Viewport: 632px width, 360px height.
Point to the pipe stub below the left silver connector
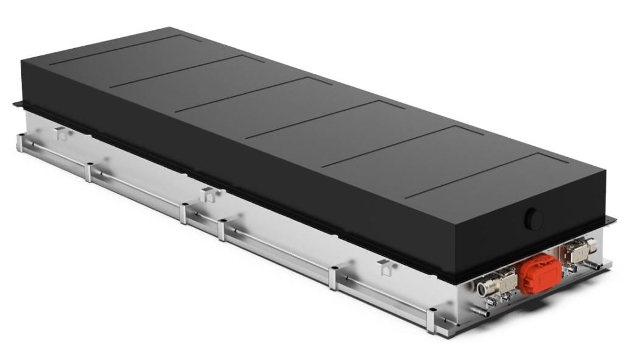point(481,312)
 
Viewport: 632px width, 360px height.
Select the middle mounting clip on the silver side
point(208,194)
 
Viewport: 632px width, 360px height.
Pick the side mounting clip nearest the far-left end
point(61,133)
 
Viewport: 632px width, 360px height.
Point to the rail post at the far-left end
point(21,143)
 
